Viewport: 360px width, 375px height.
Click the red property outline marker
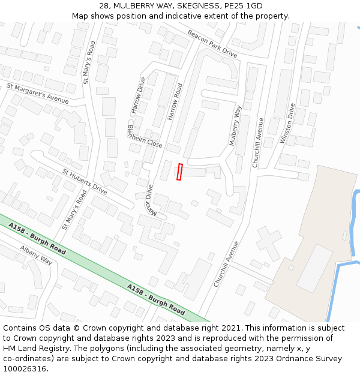coord(179,172)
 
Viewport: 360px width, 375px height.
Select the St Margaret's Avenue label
coord(38,93)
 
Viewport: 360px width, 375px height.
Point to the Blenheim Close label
coord(145,137)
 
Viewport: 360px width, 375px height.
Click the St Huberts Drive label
coord(85,181)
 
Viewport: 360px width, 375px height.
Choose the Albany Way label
coord(36,255)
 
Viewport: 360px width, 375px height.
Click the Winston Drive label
coord(287,124)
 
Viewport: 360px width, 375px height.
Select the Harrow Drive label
coord(138,95)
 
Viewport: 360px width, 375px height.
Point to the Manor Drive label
coord(148,201)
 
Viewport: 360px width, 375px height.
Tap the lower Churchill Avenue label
coord(226,263)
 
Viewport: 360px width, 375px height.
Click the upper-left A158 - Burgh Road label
coord(37,238)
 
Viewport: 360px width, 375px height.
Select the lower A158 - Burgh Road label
coord(156,299)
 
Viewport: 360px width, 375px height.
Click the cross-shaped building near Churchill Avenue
coord(268,242)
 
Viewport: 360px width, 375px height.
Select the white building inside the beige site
coord(314,268)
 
